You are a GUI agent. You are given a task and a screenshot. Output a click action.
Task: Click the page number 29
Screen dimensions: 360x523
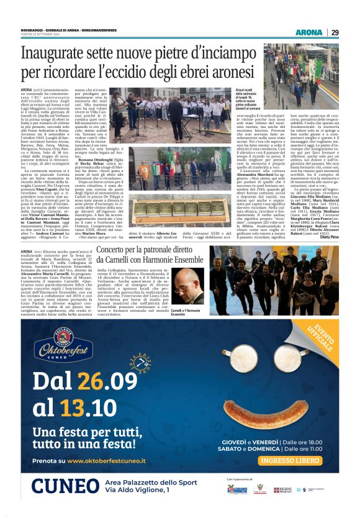tap(335, 32)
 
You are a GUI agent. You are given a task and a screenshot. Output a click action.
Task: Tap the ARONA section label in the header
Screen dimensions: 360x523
tap(309, 32)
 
